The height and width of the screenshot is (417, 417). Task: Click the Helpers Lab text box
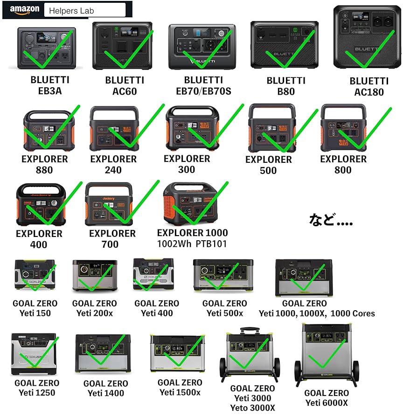[x=84, y=10]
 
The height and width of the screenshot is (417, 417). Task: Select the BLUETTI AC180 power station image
[x=367, y=38]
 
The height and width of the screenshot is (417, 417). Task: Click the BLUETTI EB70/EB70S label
[x=203, y=85]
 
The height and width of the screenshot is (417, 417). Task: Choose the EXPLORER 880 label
[x=44, y=164]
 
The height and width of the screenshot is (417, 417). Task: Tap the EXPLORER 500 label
[x=268, y=165]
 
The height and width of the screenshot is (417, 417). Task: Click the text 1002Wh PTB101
[x=192, y=244]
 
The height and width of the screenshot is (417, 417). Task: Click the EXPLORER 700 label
[x=112, y=239]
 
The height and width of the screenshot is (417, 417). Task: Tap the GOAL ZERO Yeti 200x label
[x=95, y=308]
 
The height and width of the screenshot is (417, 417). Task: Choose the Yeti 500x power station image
[x=223, y=275]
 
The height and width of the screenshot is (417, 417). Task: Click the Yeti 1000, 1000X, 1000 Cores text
[x=317, y=313]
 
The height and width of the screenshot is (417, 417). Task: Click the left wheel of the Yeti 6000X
[x=299, y=374]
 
